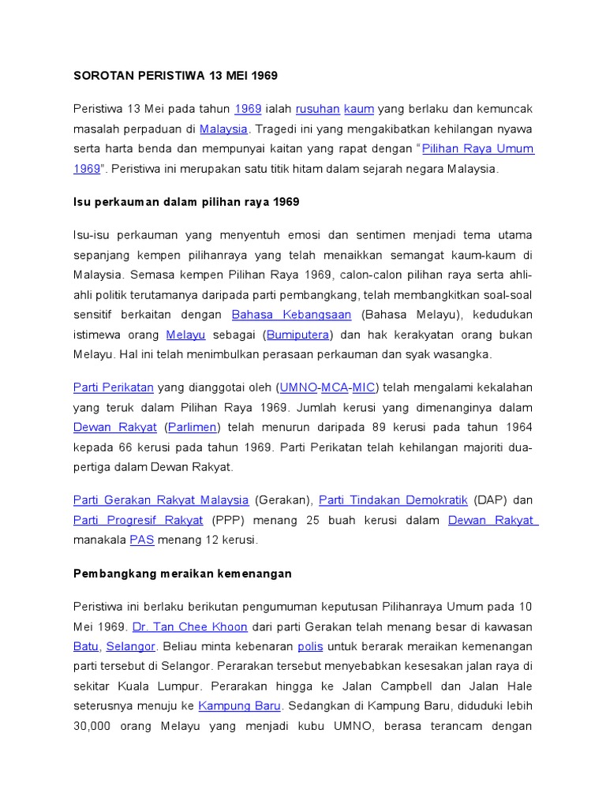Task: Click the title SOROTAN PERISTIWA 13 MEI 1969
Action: coord(175,76)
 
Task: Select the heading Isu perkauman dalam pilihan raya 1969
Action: coord(186,202)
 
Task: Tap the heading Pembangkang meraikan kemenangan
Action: coord(182,574)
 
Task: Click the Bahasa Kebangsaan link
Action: coord(291,314)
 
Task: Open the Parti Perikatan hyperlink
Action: coord(113,387)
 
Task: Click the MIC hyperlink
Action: coord(364,387)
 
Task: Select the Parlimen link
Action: coord(193,428)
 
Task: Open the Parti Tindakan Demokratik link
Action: coord(393,500)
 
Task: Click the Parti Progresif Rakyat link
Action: coord(138,521)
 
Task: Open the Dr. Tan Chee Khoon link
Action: coord(189,627)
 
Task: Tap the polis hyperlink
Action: coord(310,647)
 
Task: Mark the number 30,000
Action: coord(92,726)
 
